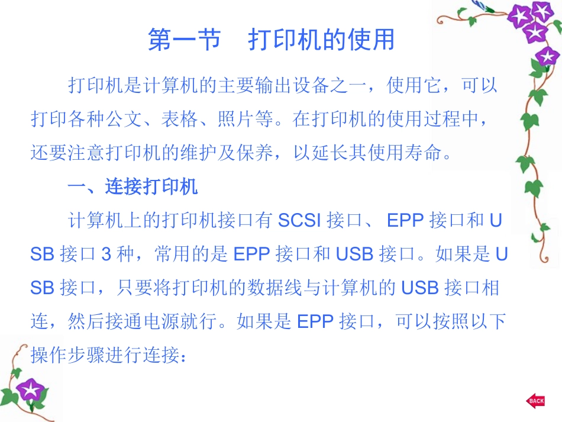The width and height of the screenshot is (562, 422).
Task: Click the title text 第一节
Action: coord(183,40)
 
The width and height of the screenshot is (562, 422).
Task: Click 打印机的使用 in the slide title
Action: coord(321,40)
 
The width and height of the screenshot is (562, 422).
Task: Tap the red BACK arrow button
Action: coord(535,401)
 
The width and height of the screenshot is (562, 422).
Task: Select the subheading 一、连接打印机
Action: coord(133,188)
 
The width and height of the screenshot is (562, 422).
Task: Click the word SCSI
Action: coord(299,221)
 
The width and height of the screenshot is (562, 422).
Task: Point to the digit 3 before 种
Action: coord(106,255)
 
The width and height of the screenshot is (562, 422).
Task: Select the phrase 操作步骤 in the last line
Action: coord(68,355)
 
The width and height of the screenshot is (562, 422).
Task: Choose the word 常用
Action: coord(172,255)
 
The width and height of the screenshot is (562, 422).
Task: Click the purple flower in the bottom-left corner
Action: coord(28,391)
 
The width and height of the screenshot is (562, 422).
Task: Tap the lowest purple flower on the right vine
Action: coord(547,57)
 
